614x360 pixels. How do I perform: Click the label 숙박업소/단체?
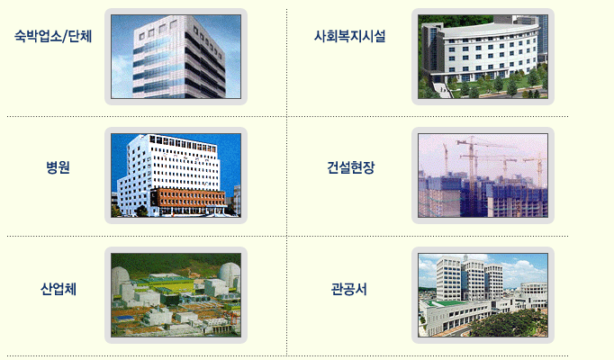tap(53, 36)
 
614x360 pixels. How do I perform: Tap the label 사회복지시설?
tap(349, 36)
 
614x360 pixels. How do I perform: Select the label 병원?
tap(58, 167)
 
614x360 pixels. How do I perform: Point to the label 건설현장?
tap(351, 167)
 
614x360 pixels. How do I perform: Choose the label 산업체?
tap(59, 289)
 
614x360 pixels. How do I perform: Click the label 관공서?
tap(349, 289)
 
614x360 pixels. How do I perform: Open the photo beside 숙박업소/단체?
tap(176, 57)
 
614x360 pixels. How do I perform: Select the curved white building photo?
tap(483, 57)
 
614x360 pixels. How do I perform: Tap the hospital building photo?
tap(176, 175)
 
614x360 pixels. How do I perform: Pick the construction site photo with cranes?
tap(483, 175)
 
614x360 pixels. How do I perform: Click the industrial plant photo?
tap(176, 295)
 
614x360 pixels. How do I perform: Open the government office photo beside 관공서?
tap(483, 295)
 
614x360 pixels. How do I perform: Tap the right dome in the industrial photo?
tap(230, 275)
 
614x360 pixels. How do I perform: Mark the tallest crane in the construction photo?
tap(473, 165)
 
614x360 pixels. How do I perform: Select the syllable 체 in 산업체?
tap(70, 289)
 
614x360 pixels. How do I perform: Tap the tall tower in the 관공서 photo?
tap(447, 278)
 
